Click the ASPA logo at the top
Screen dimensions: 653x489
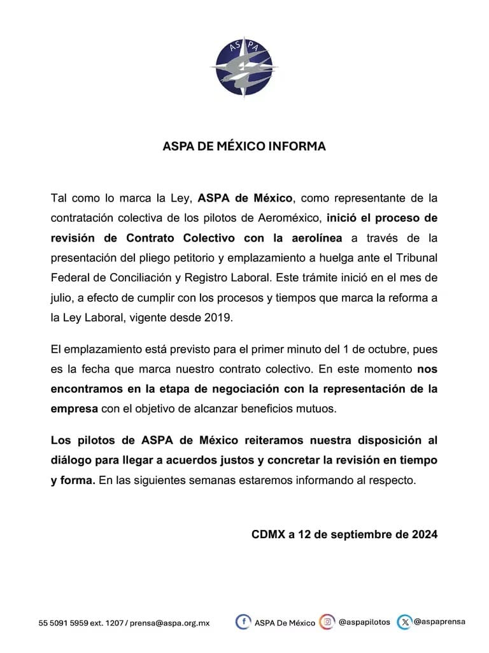(244, 68)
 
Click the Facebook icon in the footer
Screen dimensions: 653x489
(243, 622)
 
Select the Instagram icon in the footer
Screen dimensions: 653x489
(327, 622)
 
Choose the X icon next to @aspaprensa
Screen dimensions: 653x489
(404, 622)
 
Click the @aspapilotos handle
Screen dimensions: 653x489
(364, 622)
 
